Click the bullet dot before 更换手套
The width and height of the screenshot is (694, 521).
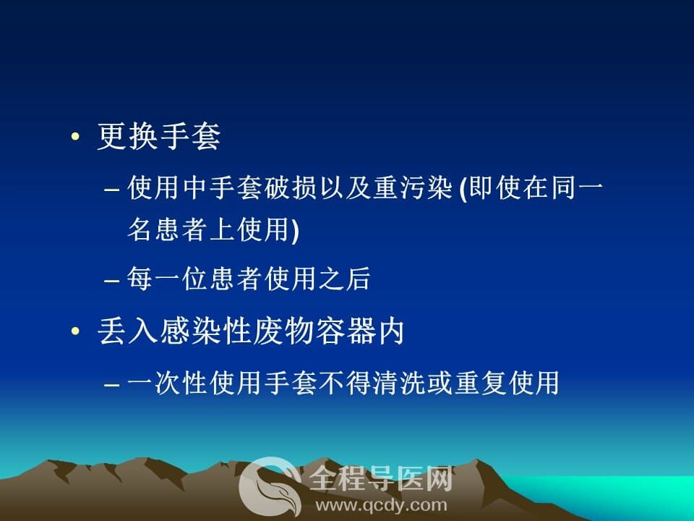point(75,137)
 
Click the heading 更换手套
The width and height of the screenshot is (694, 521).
point(159,136)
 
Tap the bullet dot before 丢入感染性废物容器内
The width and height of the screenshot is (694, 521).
point(75,331)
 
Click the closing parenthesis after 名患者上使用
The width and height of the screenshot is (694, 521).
point(295,230)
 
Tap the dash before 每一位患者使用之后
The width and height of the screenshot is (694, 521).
point(111,281)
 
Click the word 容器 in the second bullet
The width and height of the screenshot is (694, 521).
point(345,331)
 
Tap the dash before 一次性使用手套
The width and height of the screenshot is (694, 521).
point(111,384)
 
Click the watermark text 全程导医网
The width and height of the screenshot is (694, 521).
point(381,479)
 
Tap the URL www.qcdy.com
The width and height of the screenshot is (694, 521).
point(381,505)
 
